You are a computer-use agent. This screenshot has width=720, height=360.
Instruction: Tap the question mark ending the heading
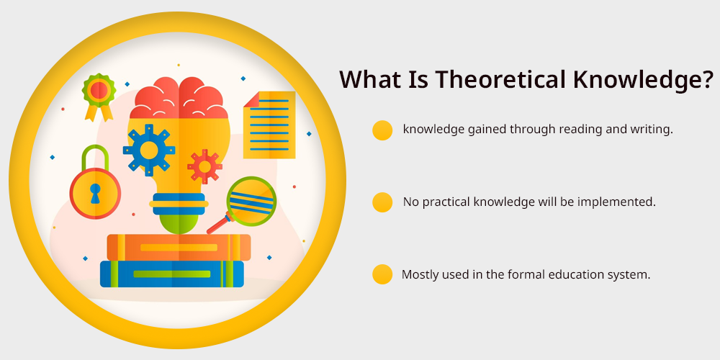708,79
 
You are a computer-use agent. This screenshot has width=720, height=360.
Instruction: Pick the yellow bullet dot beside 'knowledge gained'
382,130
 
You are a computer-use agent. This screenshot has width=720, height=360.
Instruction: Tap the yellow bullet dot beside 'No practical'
382,202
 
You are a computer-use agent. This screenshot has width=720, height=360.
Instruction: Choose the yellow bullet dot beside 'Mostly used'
382,274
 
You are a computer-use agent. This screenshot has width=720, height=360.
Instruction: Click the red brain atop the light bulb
179,98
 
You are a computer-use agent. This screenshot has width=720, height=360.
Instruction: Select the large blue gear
149,150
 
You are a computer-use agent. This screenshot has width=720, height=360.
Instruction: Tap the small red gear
204,167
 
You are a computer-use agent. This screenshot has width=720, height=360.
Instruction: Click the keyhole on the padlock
95,193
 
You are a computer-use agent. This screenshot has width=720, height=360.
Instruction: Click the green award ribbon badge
99,96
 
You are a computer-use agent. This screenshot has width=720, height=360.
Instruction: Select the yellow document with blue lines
269,125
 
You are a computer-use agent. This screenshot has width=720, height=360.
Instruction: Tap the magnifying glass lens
251,202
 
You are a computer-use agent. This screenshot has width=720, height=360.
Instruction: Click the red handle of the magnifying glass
217,225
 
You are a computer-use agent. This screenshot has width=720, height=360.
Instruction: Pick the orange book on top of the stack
179,248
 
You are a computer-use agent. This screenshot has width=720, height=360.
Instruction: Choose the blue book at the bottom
172,274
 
